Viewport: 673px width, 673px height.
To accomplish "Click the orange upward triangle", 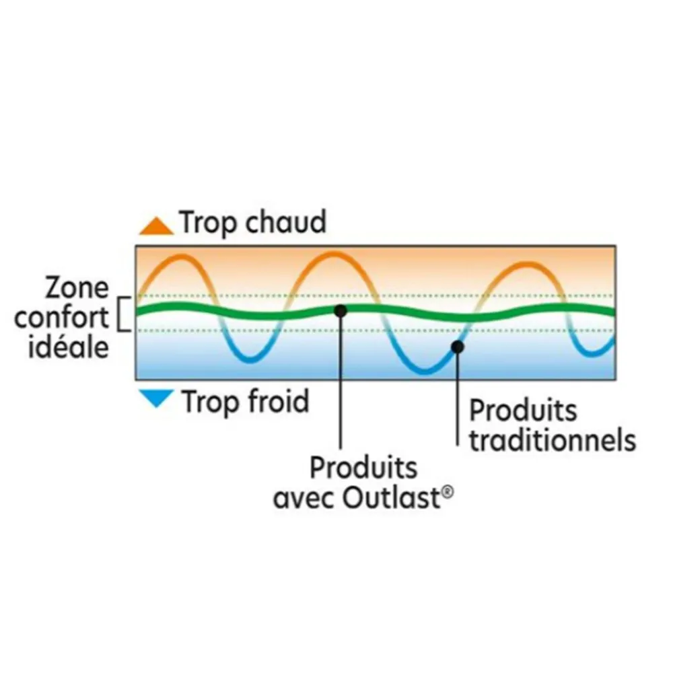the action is pyautogui.click(x=156, y=227).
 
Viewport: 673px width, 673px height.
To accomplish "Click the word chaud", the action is pyautogui.click(x=285, y=222).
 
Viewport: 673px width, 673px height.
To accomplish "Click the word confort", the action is pyautogui.click(x=61, y=317).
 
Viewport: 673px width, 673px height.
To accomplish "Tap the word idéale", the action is pyautogui.click(x=69, y=346).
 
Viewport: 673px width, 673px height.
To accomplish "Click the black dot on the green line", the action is pyautogui.click(x=341, y=311).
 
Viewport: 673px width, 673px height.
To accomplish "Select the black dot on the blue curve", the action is pyautogui.click(x=458, y=347).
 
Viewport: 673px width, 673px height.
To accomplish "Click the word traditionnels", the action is pyautogui.click(x=553, y=440).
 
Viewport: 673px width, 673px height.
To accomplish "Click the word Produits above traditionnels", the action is pyautogui.click(x=523, y=411).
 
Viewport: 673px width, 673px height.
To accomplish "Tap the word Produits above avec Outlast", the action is pyautogui.click(x=363, y=468).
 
